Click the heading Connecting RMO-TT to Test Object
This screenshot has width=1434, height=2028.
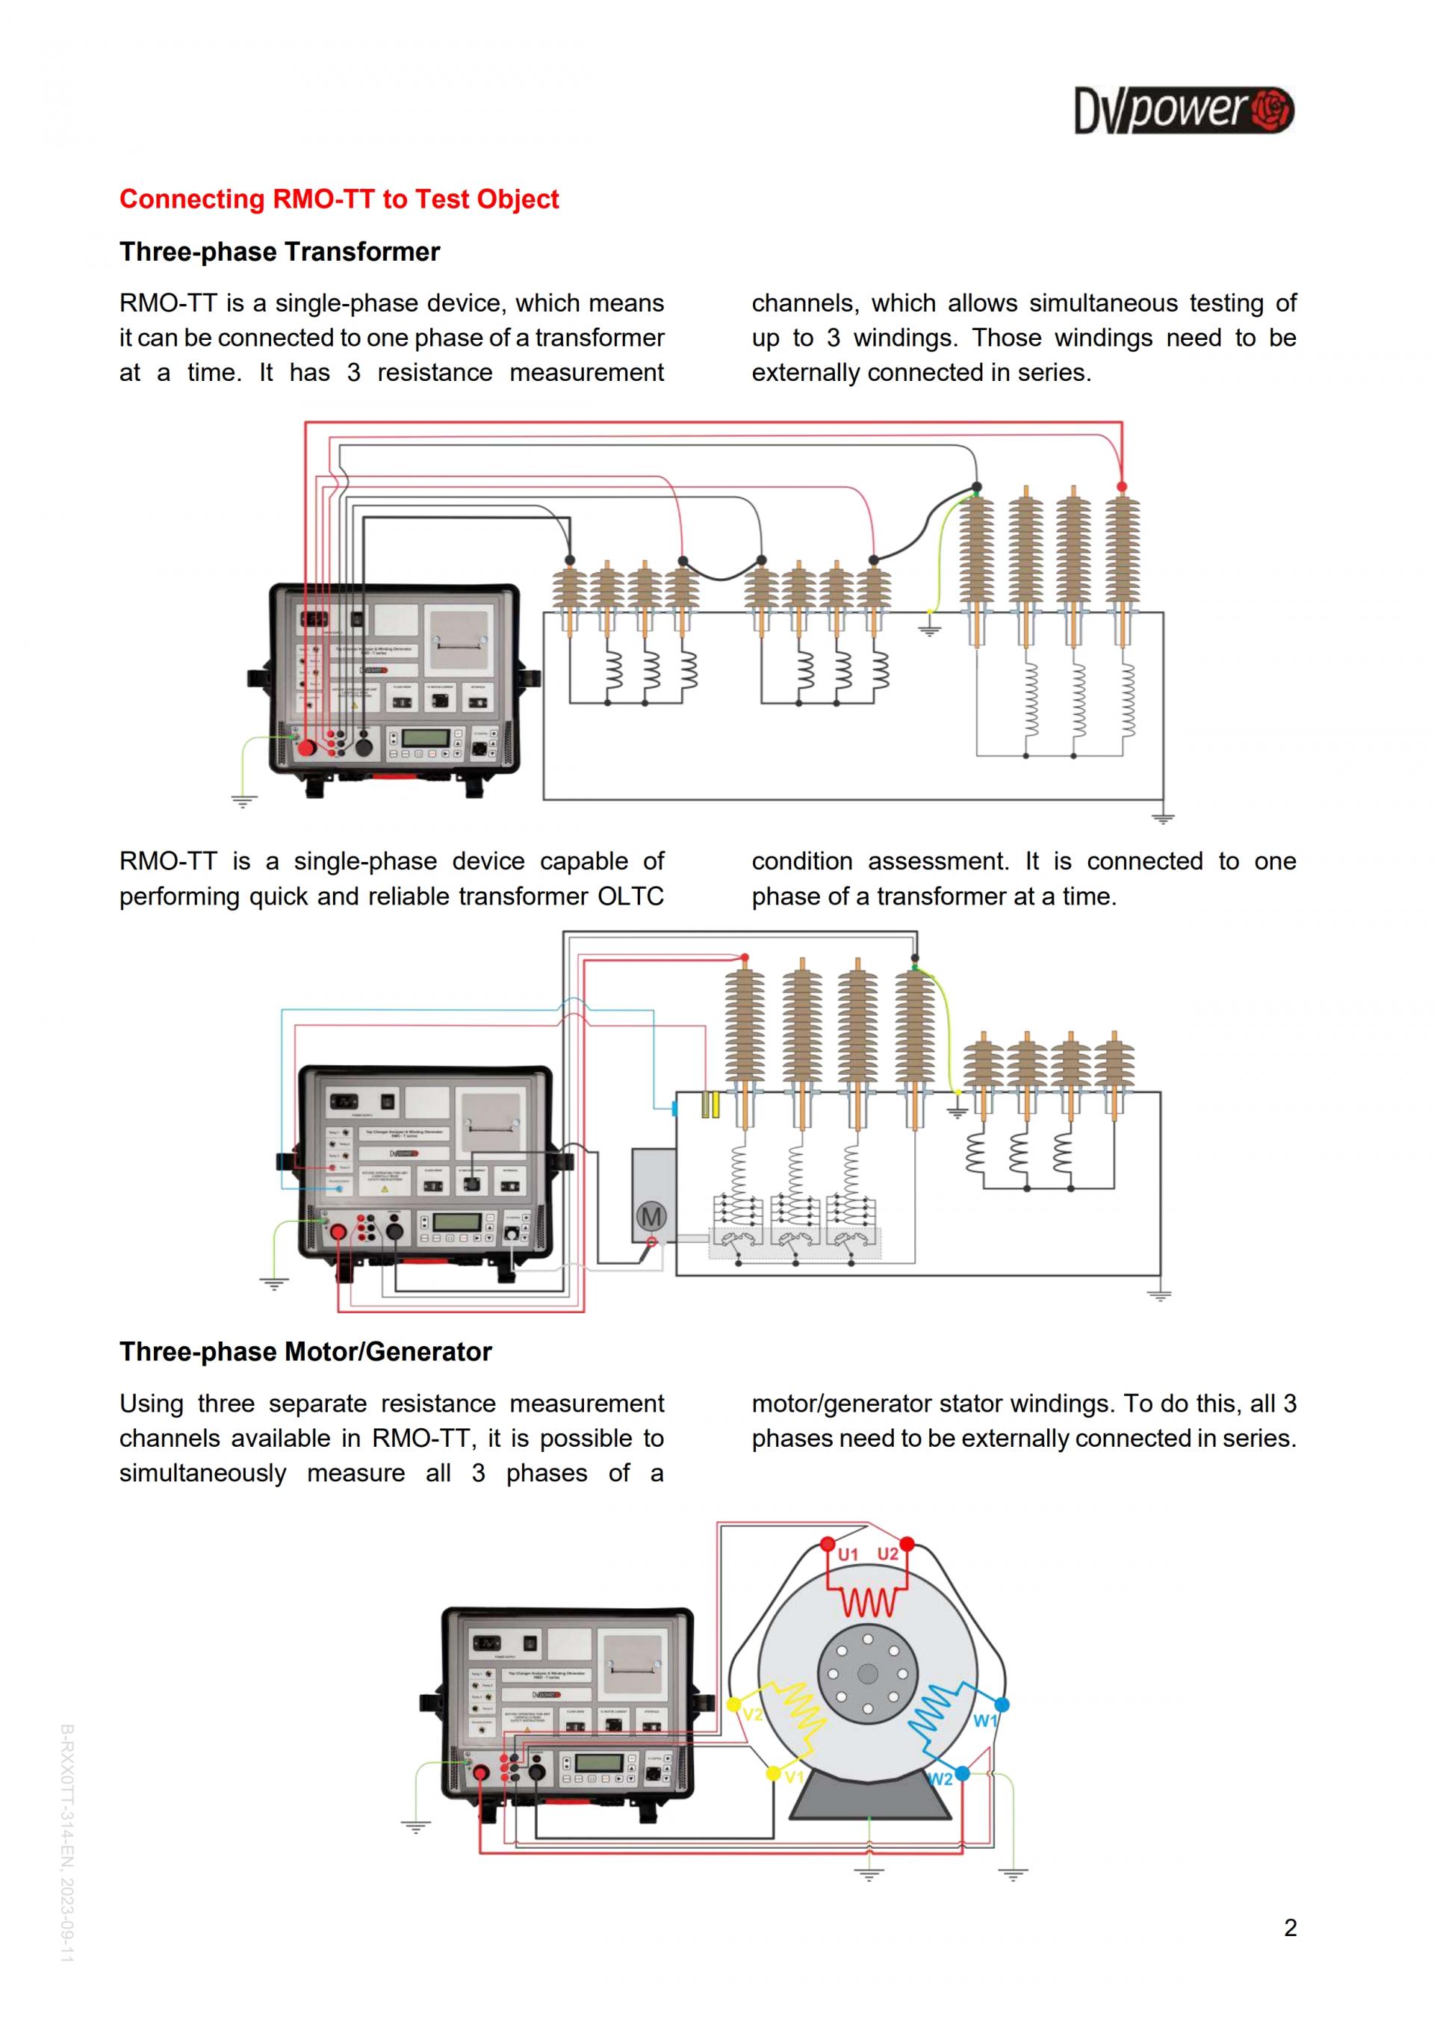(x=339, y=199)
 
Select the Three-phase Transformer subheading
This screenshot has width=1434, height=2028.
(x=280, y=252)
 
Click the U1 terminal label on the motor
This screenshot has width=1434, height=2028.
(x=848, y=1554)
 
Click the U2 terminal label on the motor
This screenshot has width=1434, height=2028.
(x=887, y=1554)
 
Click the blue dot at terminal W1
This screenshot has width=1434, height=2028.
(x=1002, y=1704)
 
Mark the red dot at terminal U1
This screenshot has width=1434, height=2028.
(x=828, y=1544)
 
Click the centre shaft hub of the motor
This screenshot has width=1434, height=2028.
(x=868, y=1674)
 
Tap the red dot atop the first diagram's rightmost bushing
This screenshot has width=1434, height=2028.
(x=1121, y=487)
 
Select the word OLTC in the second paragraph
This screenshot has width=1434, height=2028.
(x=630, y=896)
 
